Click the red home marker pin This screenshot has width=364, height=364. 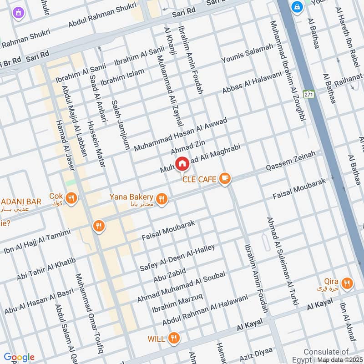pos(182,163)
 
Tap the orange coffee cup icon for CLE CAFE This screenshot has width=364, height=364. pos(224,179)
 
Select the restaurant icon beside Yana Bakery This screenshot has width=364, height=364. pos(161,199)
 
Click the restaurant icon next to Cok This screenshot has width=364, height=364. pos(71,198)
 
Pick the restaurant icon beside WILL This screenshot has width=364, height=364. pos(173,338)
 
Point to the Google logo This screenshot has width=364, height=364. pos(19,357)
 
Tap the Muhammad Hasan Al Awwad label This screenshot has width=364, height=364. pos(180,132)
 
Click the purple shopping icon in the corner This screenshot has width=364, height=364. pos(18,12)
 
